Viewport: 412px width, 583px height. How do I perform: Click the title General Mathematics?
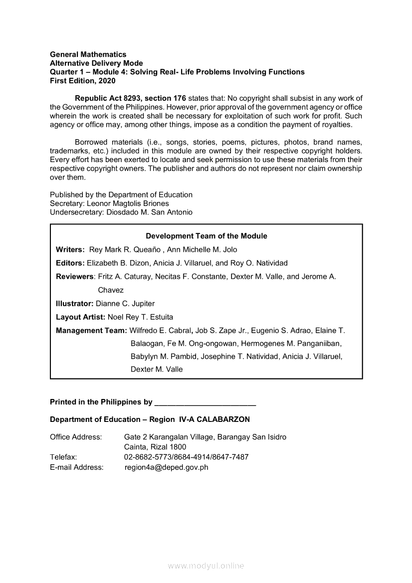pyautogui.click(x=88, y=54)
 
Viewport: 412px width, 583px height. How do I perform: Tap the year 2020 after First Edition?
pyautogui.click(x=107, y=81)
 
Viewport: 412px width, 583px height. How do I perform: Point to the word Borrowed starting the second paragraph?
pyautogui.click(x=92, y=142)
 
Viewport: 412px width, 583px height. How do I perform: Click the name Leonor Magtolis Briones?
pyautogui.click(x=128, y=203)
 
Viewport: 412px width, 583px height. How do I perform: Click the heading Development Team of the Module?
pyautogui.click(x=206, y=236)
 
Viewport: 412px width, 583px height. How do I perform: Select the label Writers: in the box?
pyautogui.click(x=70, y=249)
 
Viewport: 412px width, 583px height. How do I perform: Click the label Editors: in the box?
pyautogui.click(x=70, y=263)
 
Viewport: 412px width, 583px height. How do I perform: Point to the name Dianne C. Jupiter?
pyautogui.click(x=125, y=303)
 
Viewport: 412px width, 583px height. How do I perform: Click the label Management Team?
pyautogui.click(x=91, y=330)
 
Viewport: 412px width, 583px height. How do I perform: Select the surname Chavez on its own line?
pyautogui.click(x=111, y=290)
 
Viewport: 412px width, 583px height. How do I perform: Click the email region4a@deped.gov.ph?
pyautogui.click(x=166, y=467)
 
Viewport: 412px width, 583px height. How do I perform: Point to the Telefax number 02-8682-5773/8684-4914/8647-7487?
pyautogui.click(x=186, y=457)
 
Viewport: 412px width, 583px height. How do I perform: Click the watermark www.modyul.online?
pyautogui.click(x=206, y=566)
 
